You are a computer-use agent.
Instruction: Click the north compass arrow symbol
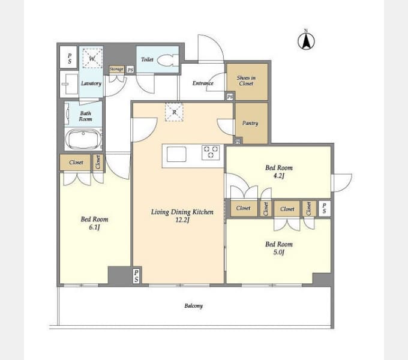tap(306, 41)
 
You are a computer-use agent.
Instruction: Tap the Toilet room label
tap(147, 59)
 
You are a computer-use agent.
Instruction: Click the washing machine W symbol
tap(91, 58)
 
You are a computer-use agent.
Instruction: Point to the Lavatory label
tap(91, 83)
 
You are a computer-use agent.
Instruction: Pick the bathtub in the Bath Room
tap(83, 140)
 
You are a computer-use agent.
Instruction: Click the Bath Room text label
tap(86, 116)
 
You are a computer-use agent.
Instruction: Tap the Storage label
tap(116, 70)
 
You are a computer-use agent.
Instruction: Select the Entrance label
tap(203, 83)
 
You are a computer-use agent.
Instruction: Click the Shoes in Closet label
tap(246, 80)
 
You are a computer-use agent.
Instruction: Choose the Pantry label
tap(250, 123)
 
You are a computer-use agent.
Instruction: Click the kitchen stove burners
tap(211, 152)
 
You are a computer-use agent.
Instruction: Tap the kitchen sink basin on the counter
tap(176, 154)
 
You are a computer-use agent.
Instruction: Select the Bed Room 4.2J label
tap(278, 172)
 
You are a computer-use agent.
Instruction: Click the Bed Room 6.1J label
tap(94, 223)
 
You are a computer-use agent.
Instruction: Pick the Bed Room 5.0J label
tap(278, 248)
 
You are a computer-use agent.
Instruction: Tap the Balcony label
tap(193, 306)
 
